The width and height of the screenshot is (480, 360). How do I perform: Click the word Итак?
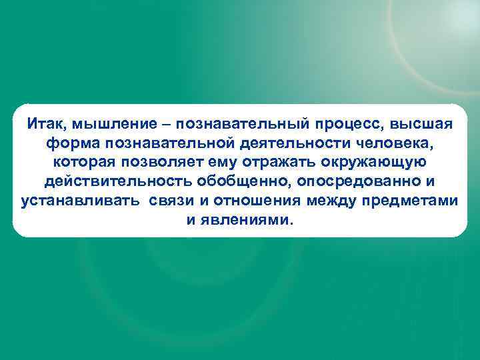[45, 124]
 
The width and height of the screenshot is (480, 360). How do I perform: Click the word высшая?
[426, 125]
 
